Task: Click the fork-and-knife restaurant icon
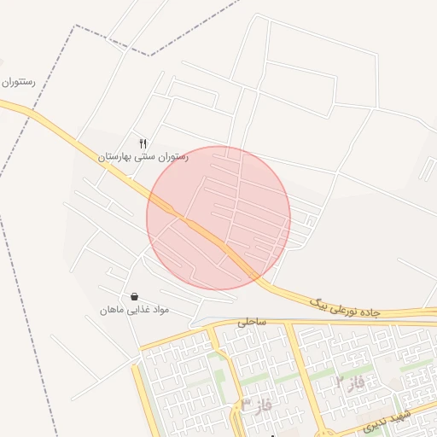pyautogui.click(x=143, y=143)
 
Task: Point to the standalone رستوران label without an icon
pyautogui.click(x=17, y=83)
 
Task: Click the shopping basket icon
pyautogui.click(x=134, y=296)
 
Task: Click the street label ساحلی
pyautogui.click(x=252, y=323)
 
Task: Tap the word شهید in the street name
pyautogui.click(x=399, y=417)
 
